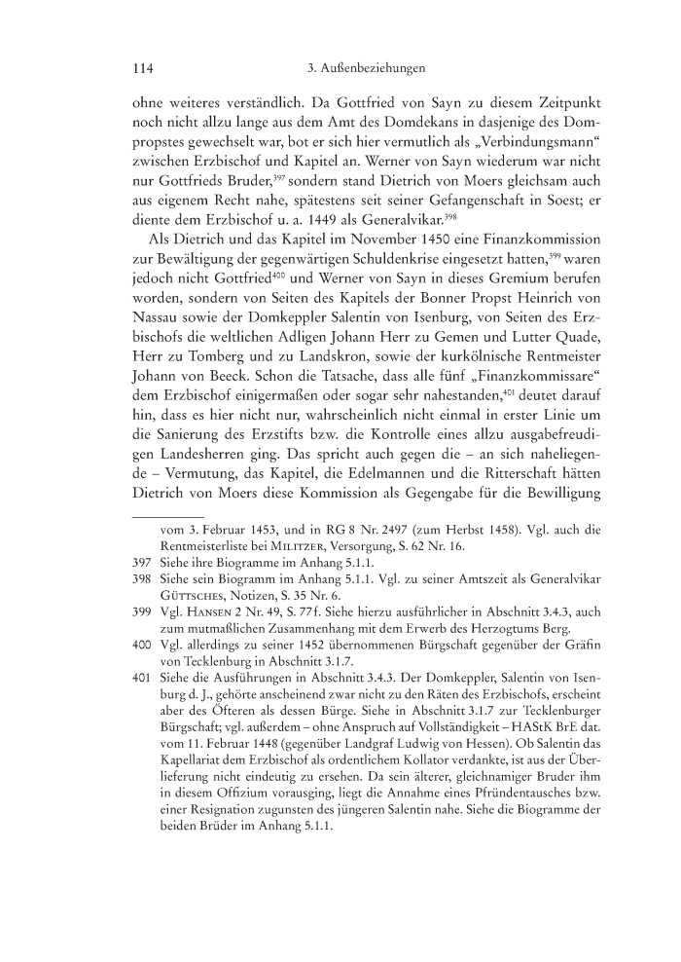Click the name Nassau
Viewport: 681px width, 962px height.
pyautogui.click(x=161, y=344)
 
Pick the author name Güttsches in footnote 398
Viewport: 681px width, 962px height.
pyautogui.click(x=197, y=630)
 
